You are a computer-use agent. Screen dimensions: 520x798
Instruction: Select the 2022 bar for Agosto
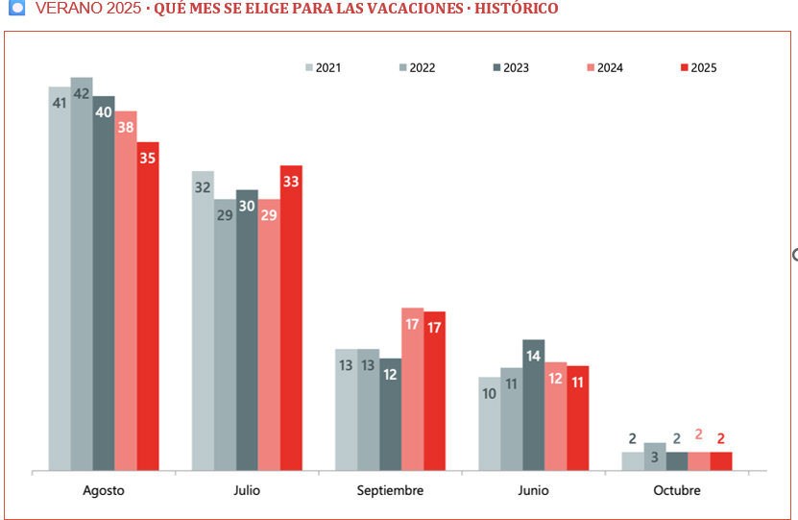(82, 274)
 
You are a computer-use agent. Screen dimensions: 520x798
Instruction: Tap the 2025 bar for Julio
(291, 317)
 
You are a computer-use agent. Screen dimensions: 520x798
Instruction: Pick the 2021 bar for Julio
(203, 321)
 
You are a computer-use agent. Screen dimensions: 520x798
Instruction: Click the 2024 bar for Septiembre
(412, 389)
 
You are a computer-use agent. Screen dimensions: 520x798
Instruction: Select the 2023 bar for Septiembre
(390, 414)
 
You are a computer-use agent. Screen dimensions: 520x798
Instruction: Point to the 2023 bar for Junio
(533, 405)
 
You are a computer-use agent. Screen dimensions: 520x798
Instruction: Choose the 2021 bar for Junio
(489, 424)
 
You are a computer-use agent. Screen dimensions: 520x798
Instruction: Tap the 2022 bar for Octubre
(655, 457)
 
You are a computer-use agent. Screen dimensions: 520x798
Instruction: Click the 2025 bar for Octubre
(720, 461)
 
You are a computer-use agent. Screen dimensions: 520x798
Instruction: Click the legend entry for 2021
(324, 67)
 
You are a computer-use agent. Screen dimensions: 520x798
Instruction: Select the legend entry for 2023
(511, 67)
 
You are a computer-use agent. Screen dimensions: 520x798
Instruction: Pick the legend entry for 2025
(698, 67)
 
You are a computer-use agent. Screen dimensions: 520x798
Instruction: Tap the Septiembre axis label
(390, 490)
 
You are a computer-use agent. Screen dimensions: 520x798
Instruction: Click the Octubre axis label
(676, 490)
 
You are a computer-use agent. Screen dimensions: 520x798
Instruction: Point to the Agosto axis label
(104, 490)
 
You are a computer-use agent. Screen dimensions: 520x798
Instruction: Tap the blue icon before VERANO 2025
(15, 9)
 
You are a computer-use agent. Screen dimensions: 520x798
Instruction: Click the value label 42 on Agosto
(82, 94)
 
